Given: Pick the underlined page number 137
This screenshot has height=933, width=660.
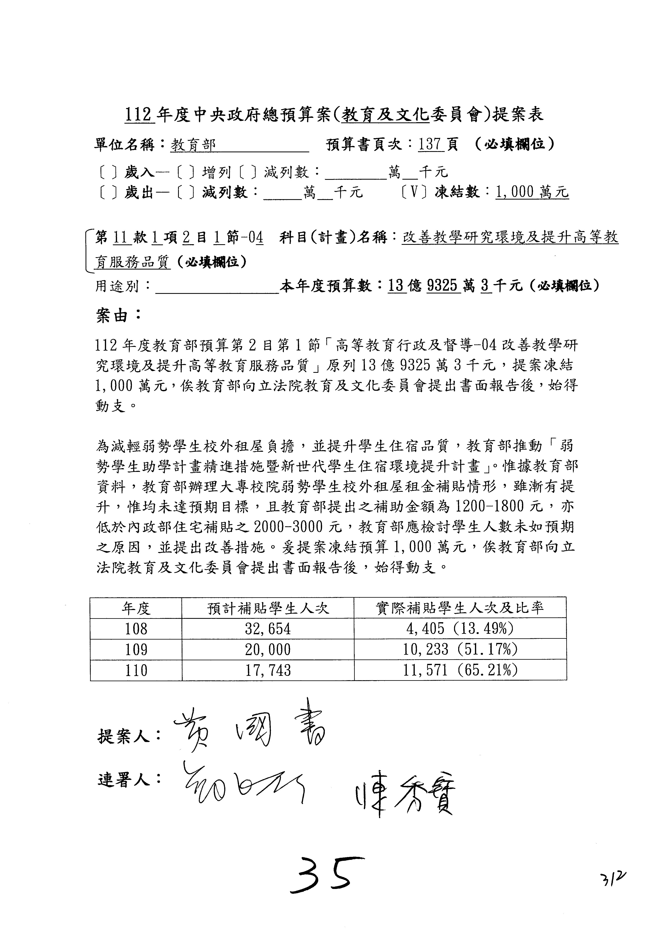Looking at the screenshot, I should coord(431,145).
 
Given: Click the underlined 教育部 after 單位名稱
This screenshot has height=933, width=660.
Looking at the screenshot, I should coord(193,145).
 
